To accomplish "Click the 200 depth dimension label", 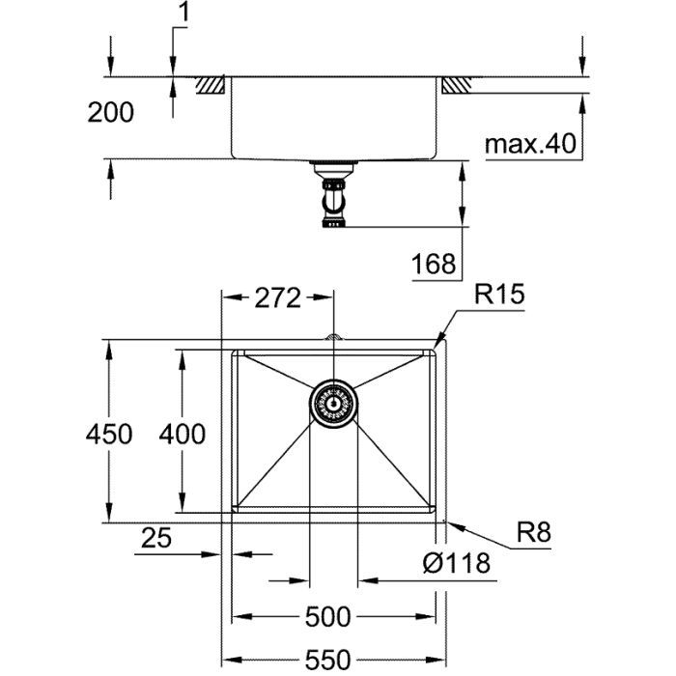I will [x=111, y=113].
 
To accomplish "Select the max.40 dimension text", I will [x=529, y=145].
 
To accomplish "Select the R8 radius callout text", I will [x=532, y=531].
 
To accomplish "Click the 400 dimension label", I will [x=182, y=435].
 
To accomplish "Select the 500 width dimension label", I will [x=327, y=615].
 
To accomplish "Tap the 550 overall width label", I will [x=326, y=660].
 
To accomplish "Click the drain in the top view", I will [x=333, y=400].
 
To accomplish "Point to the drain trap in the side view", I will [x=332, y=198].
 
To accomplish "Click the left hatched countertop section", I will [x=211, y=85].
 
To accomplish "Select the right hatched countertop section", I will [x=455, y=85].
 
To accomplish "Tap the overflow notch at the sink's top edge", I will [x=333, y=338].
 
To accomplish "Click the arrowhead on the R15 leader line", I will [x=441, y=338].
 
